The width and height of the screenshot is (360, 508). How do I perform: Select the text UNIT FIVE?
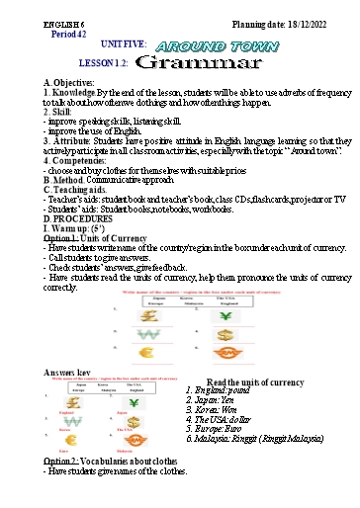pos(124,44)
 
